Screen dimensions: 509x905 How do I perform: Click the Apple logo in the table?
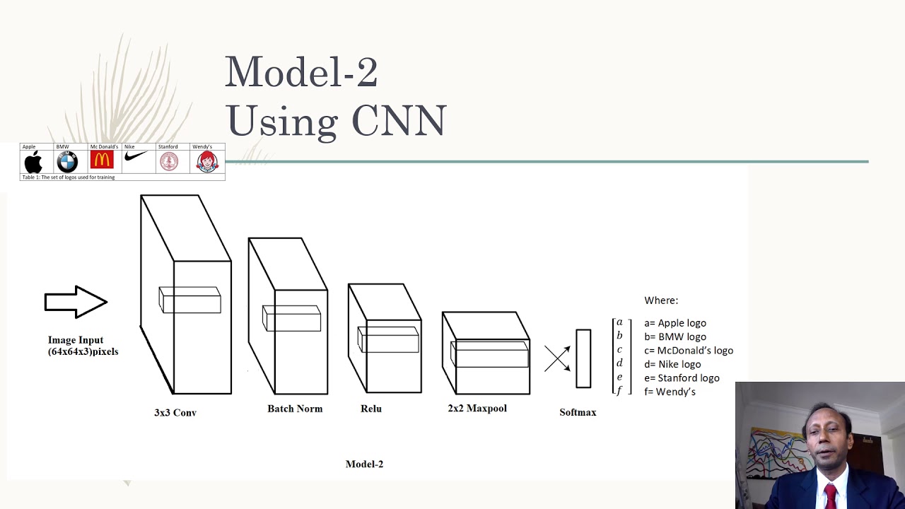click(33, 162)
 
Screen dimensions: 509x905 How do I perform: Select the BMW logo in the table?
click(67, 162)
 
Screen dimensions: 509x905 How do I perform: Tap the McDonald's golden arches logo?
click(102, 160)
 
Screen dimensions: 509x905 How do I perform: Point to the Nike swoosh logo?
click(135, 156)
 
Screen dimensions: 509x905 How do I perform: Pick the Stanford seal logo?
click(169, 162)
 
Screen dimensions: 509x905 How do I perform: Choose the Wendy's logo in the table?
click(206, 162)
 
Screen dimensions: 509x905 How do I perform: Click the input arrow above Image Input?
click(76, 302)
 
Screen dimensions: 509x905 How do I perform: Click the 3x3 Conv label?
click(175, 412)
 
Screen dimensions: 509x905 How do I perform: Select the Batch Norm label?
click(295, 409)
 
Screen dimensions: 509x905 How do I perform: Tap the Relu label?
click(371, 409)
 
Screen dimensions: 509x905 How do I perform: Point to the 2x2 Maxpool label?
click(477, 409)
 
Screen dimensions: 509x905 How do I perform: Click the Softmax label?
click(578, 412)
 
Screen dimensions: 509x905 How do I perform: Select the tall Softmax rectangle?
click(583, 358)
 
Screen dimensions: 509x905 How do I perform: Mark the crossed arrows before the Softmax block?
click(557, 358)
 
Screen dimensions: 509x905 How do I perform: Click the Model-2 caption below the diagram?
click(364, 464)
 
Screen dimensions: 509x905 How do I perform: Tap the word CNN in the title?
click(399, 121)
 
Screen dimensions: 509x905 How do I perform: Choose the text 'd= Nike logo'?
click(672, 364)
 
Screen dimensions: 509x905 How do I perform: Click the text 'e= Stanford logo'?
click(682, 378)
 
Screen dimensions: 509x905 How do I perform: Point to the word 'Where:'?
click(661, 300)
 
